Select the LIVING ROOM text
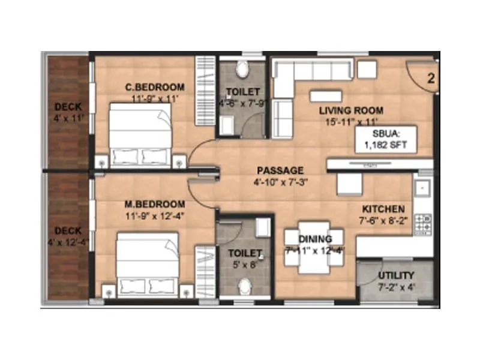coord(351,110)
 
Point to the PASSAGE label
coord(277,170)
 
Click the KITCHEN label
coord(383,209)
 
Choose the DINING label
coord(315,239)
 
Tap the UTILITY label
coord(396,275)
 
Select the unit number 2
coord(431,77)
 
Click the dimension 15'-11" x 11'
coord(351,122)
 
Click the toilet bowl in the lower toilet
coord(243,289)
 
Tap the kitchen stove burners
coord(424,223)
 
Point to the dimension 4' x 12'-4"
coord(68,242)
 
